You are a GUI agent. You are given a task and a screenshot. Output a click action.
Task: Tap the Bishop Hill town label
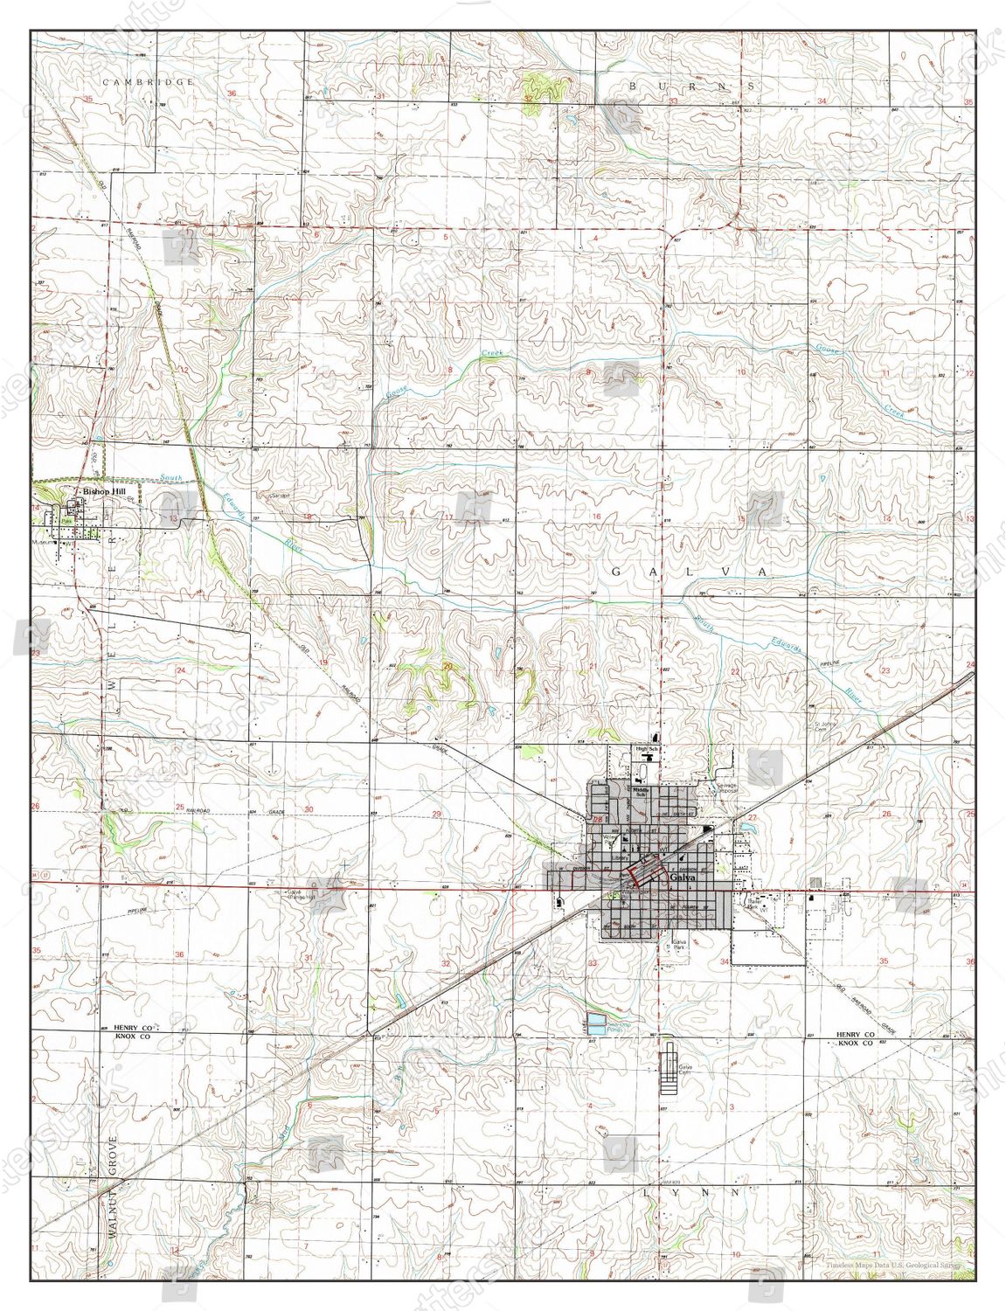coord(103,493)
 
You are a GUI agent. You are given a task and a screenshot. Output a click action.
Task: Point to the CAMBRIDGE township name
coord(147,81)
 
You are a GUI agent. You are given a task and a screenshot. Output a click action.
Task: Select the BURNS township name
coord(691,86)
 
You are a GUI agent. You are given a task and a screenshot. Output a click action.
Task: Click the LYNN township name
coord(692,1191)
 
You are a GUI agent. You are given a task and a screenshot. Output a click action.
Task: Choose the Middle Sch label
coord(641,792)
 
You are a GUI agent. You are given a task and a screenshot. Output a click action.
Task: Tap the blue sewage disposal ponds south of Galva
coord(595,1021)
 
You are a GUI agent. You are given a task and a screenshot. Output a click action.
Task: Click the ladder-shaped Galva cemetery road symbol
coord(670,1069)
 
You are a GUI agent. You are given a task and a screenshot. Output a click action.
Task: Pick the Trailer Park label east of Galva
coord(754,905)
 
